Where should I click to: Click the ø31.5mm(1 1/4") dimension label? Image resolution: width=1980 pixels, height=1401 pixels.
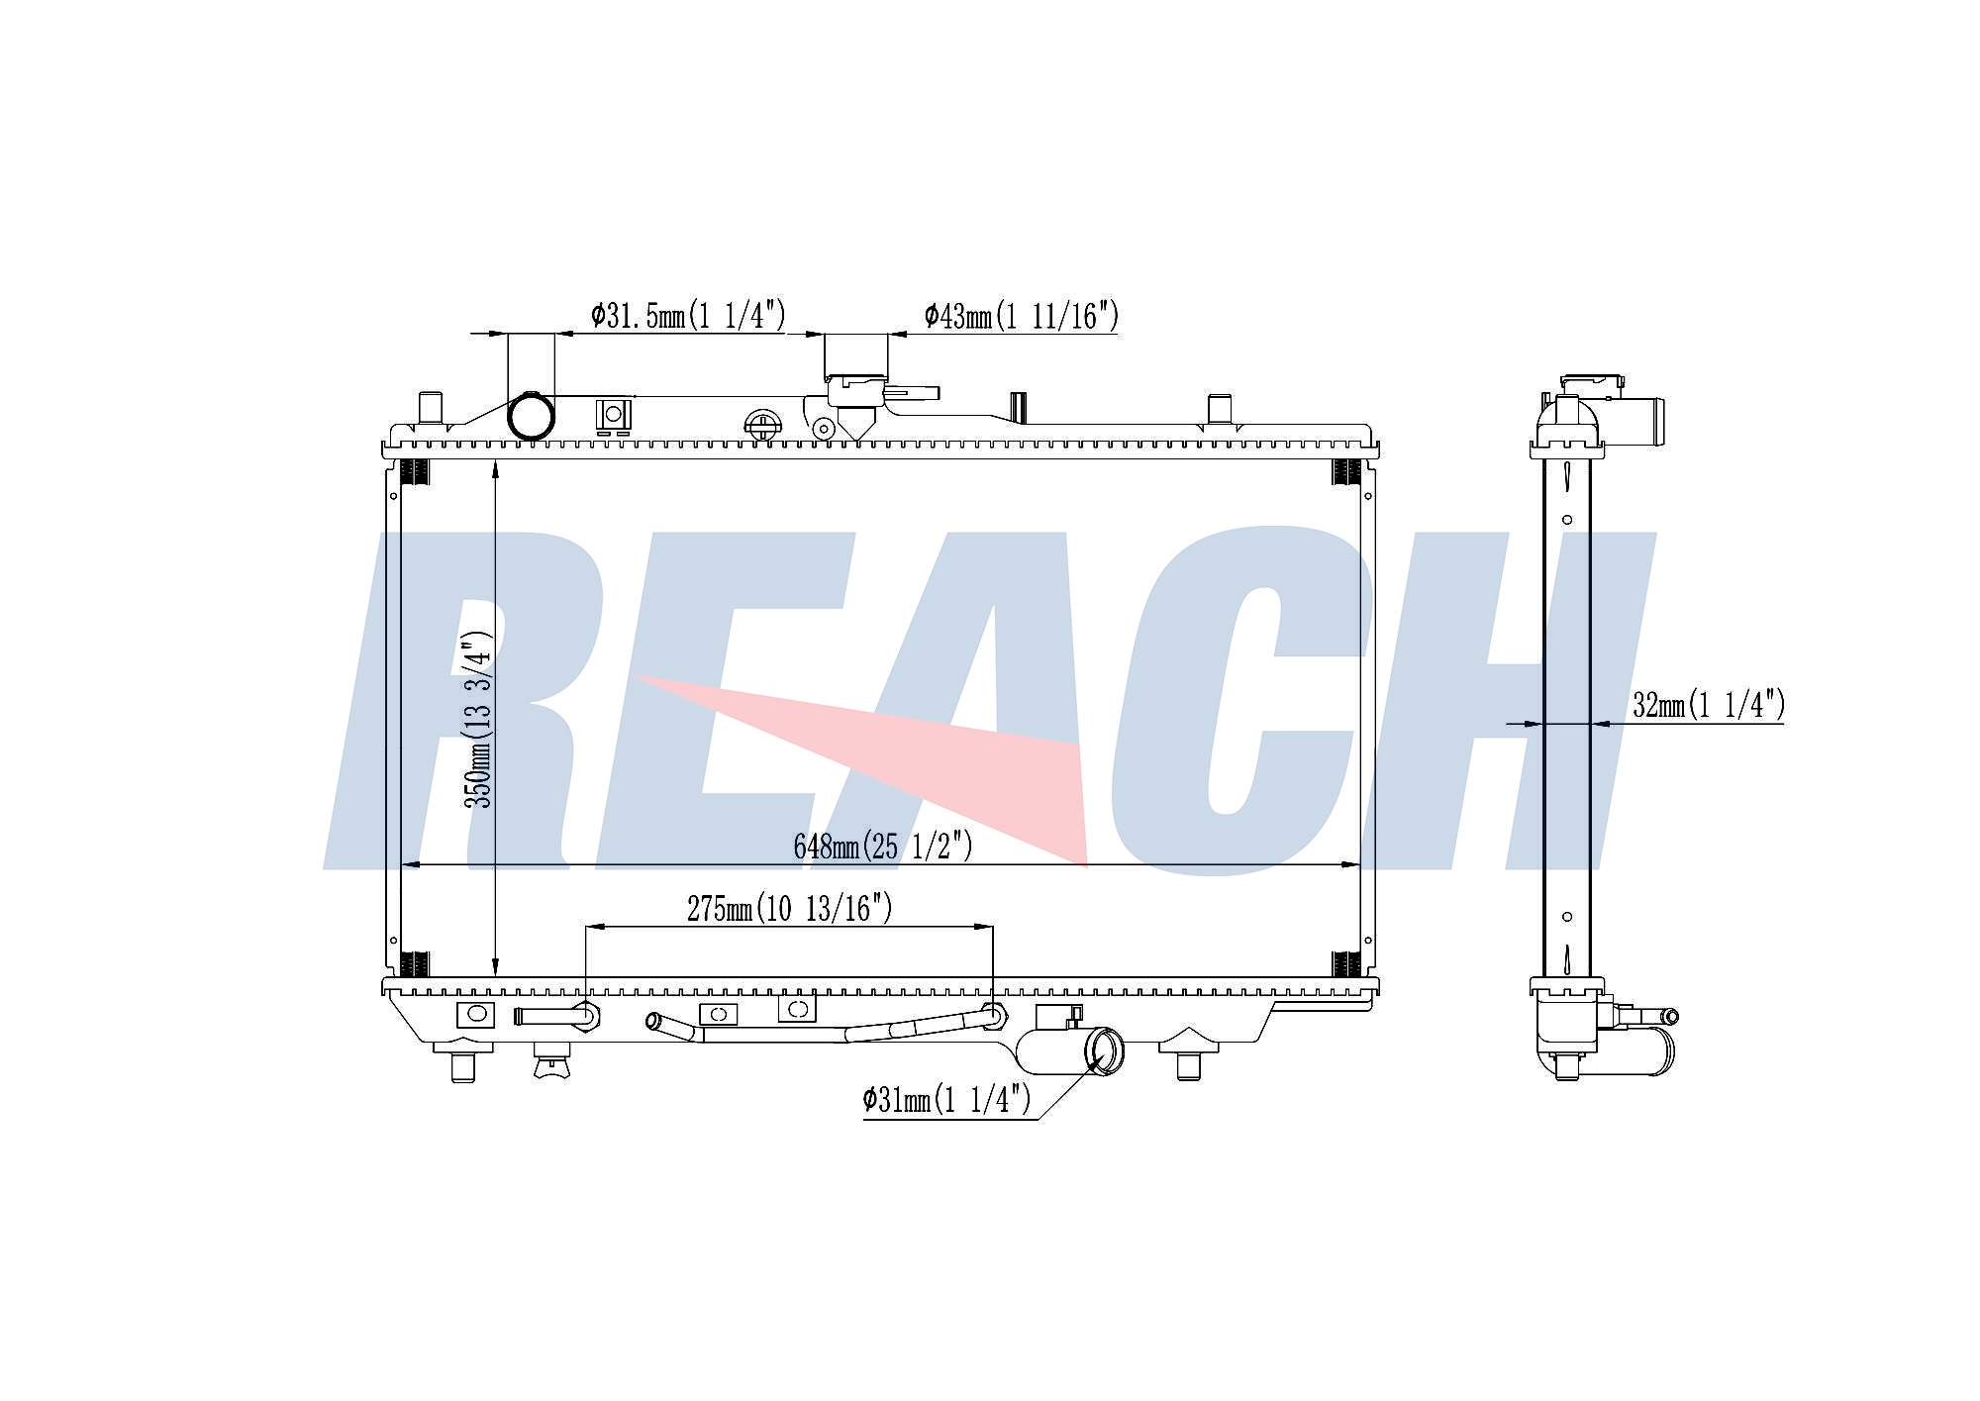click(688, 316)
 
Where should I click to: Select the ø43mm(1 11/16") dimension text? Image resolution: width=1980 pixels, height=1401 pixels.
click(1022, 317)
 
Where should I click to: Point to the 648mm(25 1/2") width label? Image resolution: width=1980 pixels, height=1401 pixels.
click(883, 847)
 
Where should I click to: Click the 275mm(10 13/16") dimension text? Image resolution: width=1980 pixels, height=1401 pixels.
click(790, 909)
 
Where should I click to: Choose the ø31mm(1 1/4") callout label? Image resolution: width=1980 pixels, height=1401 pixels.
click(947, 1099)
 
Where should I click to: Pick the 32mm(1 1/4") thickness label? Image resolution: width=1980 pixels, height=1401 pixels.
click(1709, 705)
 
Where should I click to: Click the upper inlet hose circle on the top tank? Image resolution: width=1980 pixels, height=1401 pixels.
click(532, 416)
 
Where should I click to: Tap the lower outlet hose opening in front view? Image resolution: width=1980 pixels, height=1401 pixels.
click(1106, 1051)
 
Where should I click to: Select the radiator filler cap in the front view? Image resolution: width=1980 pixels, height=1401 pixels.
click(857, 390)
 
